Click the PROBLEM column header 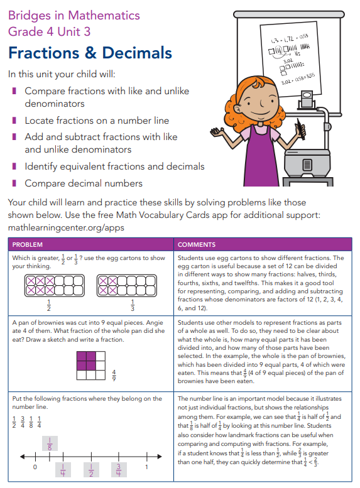tap(28, 244)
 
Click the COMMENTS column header tap(197, 244)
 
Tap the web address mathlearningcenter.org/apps tap(66, 228)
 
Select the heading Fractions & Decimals tap(90, 53)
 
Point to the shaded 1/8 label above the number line tap(50, 443)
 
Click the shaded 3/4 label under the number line tap(119, 470)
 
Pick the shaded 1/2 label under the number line tap(91, 470)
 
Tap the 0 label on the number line tap(35, 467)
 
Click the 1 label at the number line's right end tap(146, 467)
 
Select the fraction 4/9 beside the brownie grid tap(114, 376)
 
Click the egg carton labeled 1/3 tap(127, 286)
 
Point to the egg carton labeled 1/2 tap(55, 286)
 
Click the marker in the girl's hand tap(301, 129)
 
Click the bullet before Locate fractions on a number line tap(14, 120)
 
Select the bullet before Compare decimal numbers tap(14, 183)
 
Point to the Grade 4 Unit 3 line tap(49, 31)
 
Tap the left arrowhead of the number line tap(22, 457)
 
